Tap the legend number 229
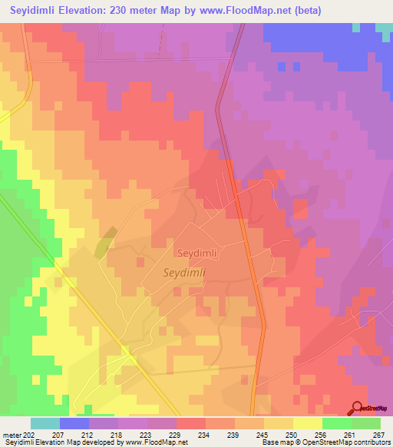pos(176,435)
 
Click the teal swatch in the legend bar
pos(45,423)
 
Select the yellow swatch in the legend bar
pos(307,423)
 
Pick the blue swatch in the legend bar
pos(74,423)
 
